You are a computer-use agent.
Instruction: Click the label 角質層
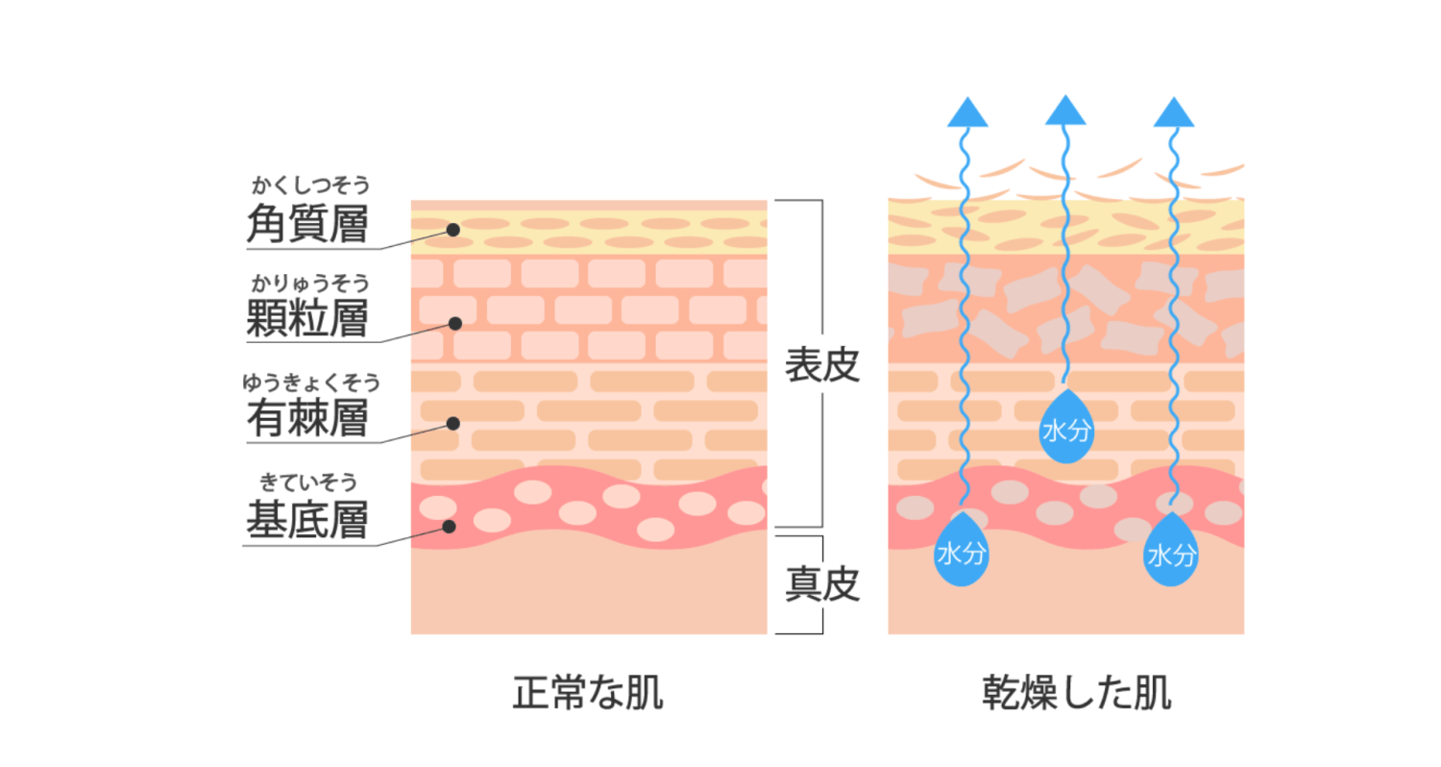pos(307,224)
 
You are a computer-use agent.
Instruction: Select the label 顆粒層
pos(307,318)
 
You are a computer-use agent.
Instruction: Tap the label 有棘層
pos(307,420)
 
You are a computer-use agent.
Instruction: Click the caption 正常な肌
pos(588,694)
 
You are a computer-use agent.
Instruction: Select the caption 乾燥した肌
pos(1077,694)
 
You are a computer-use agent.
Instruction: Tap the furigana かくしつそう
pos(311,183)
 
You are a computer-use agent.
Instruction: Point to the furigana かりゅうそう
pos(311,282)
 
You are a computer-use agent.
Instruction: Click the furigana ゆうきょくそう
pos(311,383)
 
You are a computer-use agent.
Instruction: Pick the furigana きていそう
pos(311,482)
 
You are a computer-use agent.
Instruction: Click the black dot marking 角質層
pos(452,230)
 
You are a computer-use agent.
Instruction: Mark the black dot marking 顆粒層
pos(455,324)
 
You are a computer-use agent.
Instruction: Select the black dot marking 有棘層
pos(453,423)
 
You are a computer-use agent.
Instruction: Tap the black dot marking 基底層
pos(448,526)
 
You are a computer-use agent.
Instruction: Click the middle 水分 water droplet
pos(1065,430)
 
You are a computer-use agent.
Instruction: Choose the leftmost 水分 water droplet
pos(961,552)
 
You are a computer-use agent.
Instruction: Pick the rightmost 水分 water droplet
pos(1171,553)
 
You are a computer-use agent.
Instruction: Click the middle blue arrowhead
pos(1065,112)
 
